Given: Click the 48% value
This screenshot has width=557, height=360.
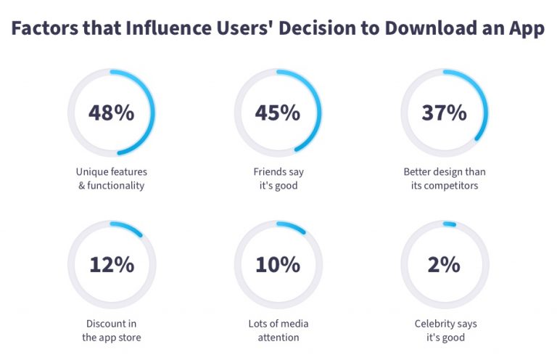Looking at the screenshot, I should coord(111,112).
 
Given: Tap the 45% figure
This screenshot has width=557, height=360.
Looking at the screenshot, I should coord(277,112).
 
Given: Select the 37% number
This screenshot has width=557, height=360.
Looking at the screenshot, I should coord(444,112).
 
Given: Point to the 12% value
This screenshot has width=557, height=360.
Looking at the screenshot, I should coord(111,265).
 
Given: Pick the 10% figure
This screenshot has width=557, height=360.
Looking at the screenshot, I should coord(277,265).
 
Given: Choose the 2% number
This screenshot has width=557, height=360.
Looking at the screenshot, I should coord(444,265).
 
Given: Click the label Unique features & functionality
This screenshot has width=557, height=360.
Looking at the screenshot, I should coord(111,179).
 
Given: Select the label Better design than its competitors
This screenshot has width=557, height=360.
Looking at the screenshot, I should coord(444,179).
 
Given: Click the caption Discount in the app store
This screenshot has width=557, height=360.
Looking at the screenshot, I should coord(111,330).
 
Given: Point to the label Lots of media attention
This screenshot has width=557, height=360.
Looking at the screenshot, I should coord(277,330).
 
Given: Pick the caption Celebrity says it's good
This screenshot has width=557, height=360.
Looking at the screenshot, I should coord(444,330).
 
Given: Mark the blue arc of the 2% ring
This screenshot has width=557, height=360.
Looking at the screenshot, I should coord(449,224).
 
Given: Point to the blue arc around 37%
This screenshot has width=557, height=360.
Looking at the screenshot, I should coord(484,105).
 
